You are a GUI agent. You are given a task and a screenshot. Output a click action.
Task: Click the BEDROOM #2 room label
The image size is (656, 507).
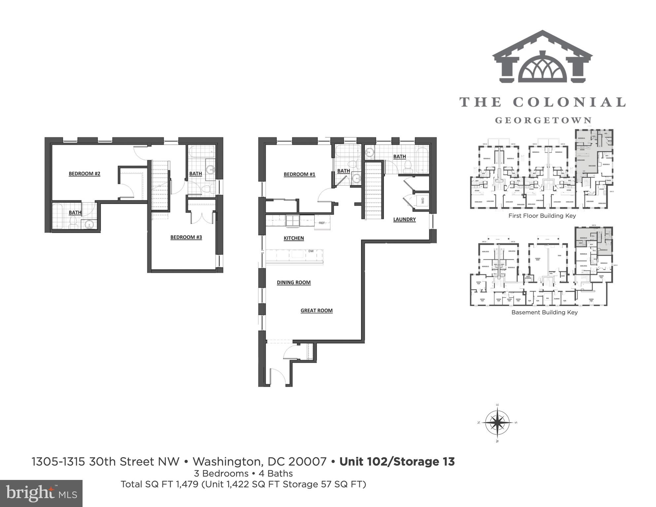(x=84, y=174)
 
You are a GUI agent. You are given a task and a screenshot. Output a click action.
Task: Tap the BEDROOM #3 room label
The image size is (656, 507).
(x=186, y=237)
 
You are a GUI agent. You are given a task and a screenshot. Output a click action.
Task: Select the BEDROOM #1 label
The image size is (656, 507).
(x=299, y=174)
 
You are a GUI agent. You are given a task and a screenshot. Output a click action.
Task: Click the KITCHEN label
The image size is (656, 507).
(x=293, y=238)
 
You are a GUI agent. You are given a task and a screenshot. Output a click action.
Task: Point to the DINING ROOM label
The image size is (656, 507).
(x=293, y=282)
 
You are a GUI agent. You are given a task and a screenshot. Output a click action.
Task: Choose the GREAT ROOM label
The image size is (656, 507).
(x=316, y=310)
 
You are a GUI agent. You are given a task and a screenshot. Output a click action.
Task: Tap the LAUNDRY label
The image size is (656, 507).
(x=404, y=219)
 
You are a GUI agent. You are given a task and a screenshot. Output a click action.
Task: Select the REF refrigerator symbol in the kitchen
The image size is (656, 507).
(x=322, y=223)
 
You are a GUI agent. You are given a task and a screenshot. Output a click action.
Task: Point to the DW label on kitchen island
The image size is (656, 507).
(x=311, y=251)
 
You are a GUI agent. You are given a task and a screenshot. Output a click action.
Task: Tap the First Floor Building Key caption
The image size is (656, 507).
(x=542, y=216)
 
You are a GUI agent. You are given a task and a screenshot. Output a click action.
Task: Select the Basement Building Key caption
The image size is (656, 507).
(x=544, y=312)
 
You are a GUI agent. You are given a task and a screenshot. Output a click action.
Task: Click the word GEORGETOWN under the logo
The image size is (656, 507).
(x=543, y=120)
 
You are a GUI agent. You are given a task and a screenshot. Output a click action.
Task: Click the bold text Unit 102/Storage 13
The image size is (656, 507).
(x=397, y=461)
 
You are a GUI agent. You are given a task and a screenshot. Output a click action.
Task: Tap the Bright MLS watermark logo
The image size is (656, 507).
(x=41, y=493)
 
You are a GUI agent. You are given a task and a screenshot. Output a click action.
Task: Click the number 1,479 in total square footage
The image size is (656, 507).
(x=187, y=484)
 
